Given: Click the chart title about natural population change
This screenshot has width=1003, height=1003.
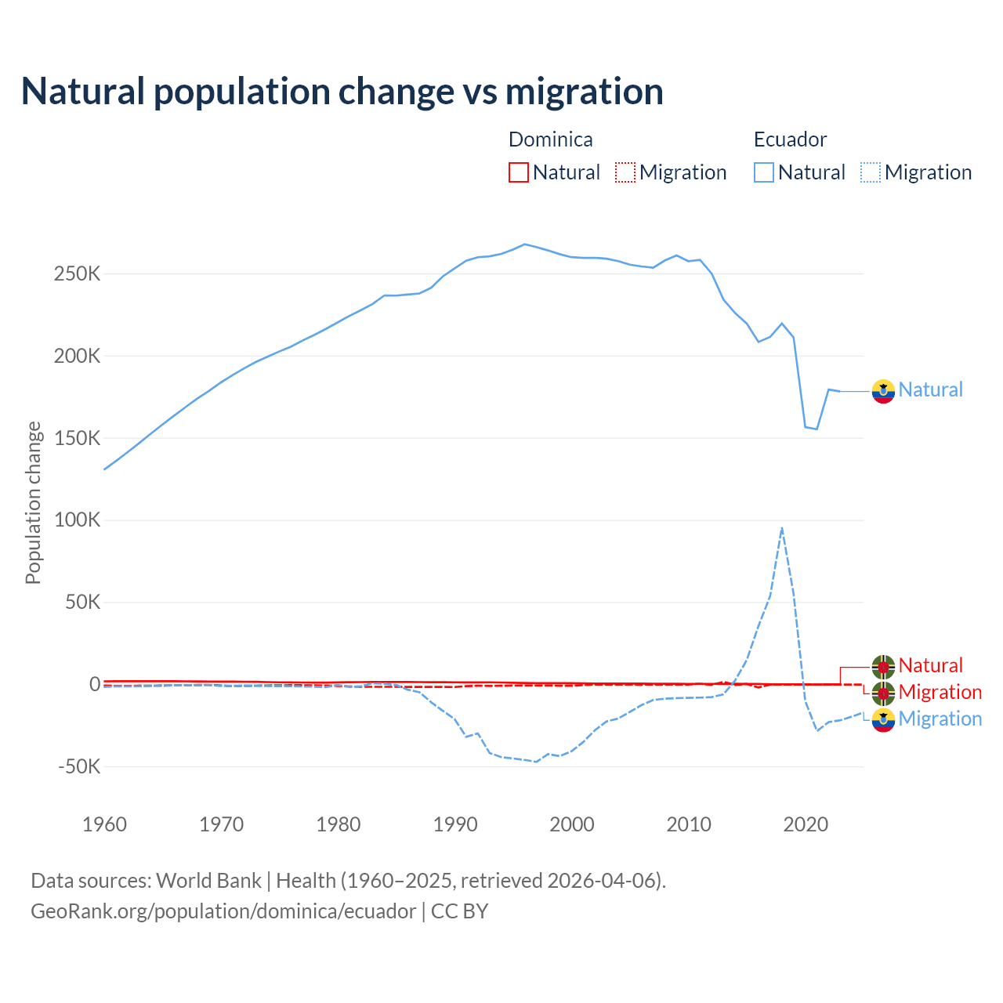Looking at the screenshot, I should tap(342, 91).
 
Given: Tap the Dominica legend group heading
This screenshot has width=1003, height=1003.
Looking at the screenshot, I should tap(550, 139).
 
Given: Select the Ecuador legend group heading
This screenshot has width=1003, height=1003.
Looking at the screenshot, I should tap(790, 139).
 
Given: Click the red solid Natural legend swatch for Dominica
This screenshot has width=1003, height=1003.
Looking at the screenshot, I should tap(519, 172).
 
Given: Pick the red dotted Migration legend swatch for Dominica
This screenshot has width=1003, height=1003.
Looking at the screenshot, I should tap(625, 172).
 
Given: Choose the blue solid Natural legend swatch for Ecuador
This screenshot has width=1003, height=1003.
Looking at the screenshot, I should tap(764, 172).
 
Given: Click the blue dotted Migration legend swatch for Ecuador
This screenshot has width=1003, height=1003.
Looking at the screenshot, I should tap(871, 172).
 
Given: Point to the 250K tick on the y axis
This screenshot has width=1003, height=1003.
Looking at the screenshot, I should tap(78, 274).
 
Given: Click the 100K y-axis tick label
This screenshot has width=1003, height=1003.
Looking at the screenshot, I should tap(78, 520).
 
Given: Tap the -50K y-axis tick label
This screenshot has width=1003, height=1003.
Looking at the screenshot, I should tap(79, 766).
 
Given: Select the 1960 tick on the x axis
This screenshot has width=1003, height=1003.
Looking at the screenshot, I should tap(104, 824).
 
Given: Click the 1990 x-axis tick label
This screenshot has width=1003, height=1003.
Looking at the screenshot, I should tap(455, 824).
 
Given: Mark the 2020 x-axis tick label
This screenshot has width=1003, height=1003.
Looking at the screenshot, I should tap(806, 824).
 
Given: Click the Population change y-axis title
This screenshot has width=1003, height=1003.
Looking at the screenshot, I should tap(33, 502).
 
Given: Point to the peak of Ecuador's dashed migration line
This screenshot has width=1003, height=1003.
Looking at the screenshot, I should tap(782, 528).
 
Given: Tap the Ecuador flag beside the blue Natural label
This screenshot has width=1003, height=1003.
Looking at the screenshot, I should tap(883, 391).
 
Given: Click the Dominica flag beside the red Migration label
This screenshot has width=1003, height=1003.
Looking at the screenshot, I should tap(883, 693).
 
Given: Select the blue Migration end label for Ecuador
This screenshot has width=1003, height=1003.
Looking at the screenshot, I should tap(940, 719).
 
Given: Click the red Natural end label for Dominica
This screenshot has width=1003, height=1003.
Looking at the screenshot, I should tap(930, 665).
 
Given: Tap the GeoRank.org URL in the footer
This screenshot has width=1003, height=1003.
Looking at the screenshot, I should tap(223, 911).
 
